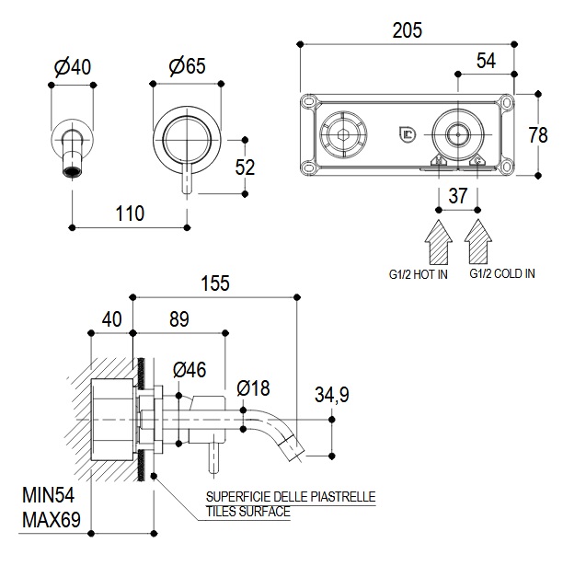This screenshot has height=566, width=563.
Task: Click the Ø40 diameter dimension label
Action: (73, 67)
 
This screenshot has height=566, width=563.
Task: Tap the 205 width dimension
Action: (406, 29)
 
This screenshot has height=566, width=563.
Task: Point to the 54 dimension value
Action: (486, 61)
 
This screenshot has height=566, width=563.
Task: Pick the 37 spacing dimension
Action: (457, 195)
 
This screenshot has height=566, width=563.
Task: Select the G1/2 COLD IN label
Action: (502, 273)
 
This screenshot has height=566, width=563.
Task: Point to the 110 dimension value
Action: (130, 214)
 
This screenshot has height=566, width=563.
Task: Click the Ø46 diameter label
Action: (189, 370)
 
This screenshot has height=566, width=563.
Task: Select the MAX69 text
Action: (51, 521)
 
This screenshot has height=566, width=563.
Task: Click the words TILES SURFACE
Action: (247, 512)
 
